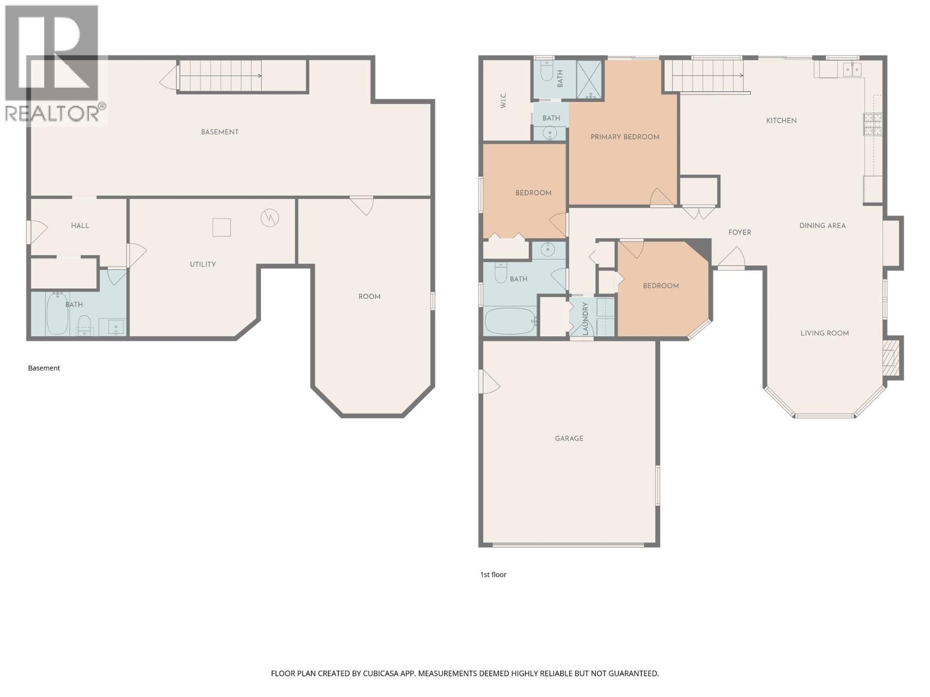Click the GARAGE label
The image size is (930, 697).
click(x=568, y=439)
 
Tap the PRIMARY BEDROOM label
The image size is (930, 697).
click(x=625, y=137)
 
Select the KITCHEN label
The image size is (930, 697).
click(x=781, y=121)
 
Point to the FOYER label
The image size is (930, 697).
click(x=739, y=232)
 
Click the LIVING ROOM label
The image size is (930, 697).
click(x=824, y=333)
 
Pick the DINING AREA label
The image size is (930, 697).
click(x=822, y=226)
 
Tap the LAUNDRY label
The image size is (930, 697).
click(x=585, y=318)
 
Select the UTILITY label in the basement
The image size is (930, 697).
click(x=202, y=264)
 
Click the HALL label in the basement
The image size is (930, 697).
click(x=80, y=225)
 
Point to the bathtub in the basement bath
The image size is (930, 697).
click(x=57, y=314)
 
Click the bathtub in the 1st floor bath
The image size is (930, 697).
click(x=510, y=321)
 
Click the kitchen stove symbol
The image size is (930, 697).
click(x=872, y=124)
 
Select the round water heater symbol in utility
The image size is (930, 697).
click(x=270, y=218)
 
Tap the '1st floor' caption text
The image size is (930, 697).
click(x=493, y=574)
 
